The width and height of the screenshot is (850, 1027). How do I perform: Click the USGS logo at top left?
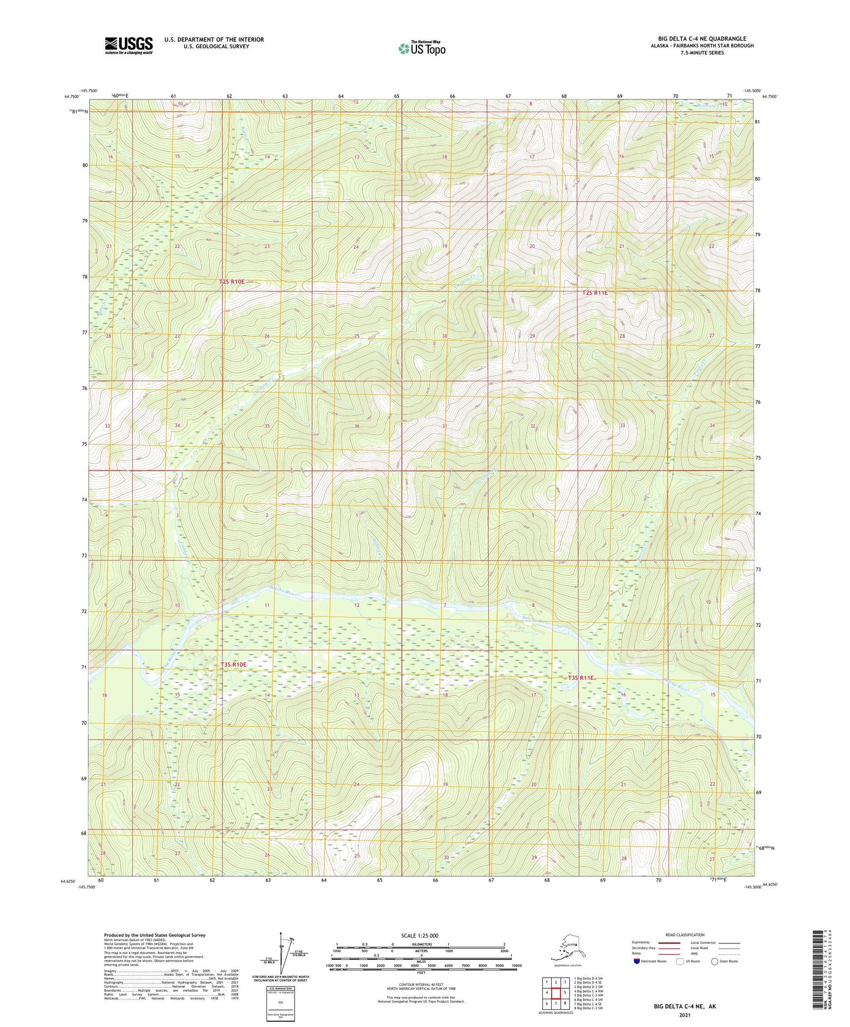tap(129, 45)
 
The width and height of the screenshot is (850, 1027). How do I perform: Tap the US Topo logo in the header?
tap(421, 48)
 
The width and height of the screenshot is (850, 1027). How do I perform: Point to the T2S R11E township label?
tap(595, 292)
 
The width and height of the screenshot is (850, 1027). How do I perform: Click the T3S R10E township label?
tap(233, 665)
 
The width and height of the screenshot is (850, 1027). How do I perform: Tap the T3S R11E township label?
tap(581, 678)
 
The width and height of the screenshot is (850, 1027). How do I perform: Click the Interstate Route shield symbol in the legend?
tap(637, 961)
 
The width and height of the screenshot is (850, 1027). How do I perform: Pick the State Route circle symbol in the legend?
tap(715, 961)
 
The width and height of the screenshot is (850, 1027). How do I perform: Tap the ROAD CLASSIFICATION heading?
tap(685, 935)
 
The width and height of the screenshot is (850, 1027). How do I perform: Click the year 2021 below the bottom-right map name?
tap(685, 1015)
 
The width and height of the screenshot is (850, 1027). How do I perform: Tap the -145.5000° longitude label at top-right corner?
tap(752, 91)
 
